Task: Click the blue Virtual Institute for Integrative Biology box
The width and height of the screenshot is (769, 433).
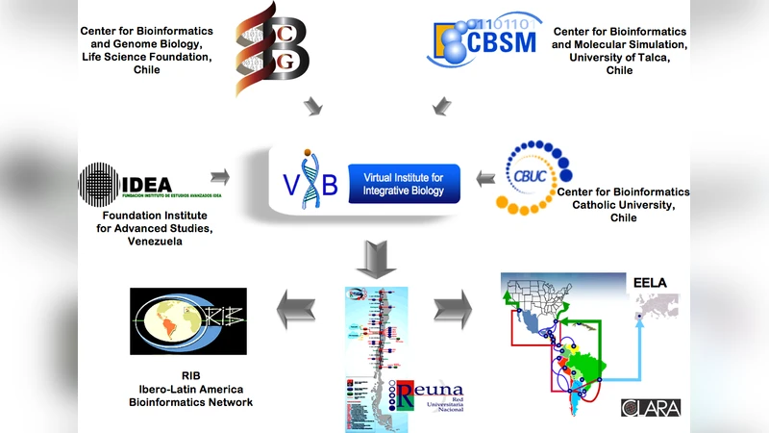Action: click(405, 183)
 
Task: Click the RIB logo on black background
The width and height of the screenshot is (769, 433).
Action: click(188, 321)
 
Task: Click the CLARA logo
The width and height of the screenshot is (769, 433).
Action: click(651, 407)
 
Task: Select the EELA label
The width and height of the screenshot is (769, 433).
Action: click(650, 283)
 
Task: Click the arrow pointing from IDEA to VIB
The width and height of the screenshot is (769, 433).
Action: click(221, 176)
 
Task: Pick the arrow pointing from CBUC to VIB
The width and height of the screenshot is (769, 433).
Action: click(485, 177)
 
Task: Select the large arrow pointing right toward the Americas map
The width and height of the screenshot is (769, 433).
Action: click(453, 311)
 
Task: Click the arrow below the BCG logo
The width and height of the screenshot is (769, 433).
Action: click(313, 106)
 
